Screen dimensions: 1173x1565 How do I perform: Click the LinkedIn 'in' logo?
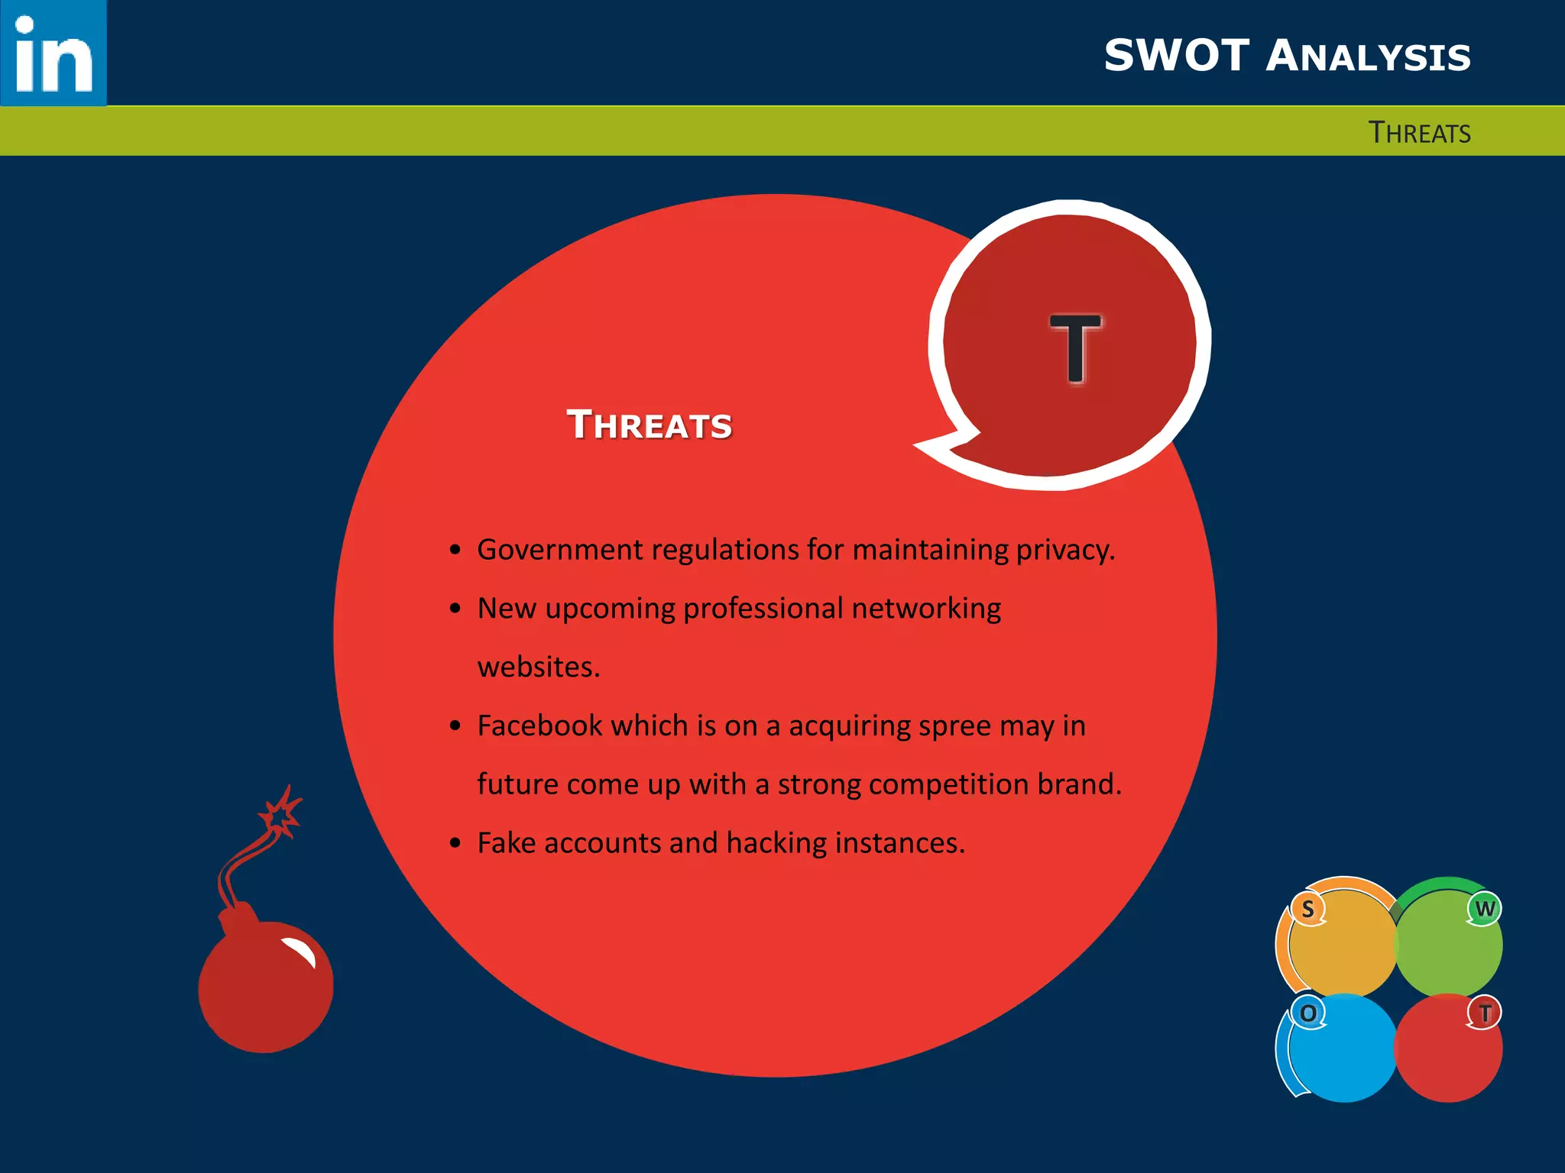tap(53, 53)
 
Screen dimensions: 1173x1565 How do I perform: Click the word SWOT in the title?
tap(1176, 56)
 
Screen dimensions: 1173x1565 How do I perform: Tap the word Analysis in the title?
tap(1368, 57)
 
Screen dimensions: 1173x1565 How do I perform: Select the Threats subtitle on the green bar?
tap(1419, 133)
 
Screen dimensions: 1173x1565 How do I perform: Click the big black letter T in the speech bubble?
tap(1075, 347)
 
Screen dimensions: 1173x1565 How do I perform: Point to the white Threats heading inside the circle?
tap(650, 425)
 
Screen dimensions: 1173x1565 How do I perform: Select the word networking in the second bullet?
tap(926, 609)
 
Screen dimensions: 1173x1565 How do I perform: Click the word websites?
tap(539, 667)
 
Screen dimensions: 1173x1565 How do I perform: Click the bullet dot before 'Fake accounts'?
tap(455, 843)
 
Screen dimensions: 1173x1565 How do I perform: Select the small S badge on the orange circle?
tap(1307, 909)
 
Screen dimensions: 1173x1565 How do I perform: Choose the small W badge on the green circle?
tap(1484, 909)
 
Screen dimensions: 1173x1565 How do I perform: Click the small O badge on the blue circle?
tap(1308, 1013)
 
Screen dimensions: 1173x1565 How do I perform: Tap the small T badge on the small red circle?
tap(1484, 1013)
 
